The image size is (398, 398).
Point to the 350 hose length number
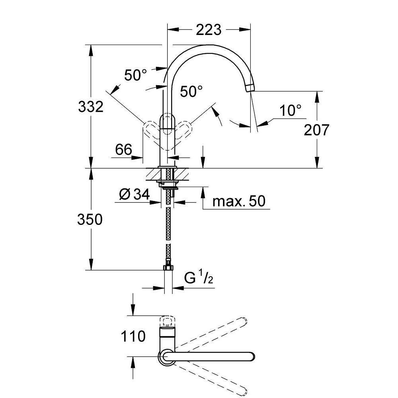(90, 219)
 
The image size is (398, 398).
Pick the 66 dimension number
(123, 150)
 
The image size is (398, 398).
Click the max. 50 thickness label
(239, 201)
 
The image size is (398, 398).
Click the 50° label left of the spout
(135, 75)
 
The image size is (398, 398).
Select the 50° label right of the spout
(191, 92)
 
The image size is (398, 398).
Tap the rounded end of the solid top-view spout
(250, 357)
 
